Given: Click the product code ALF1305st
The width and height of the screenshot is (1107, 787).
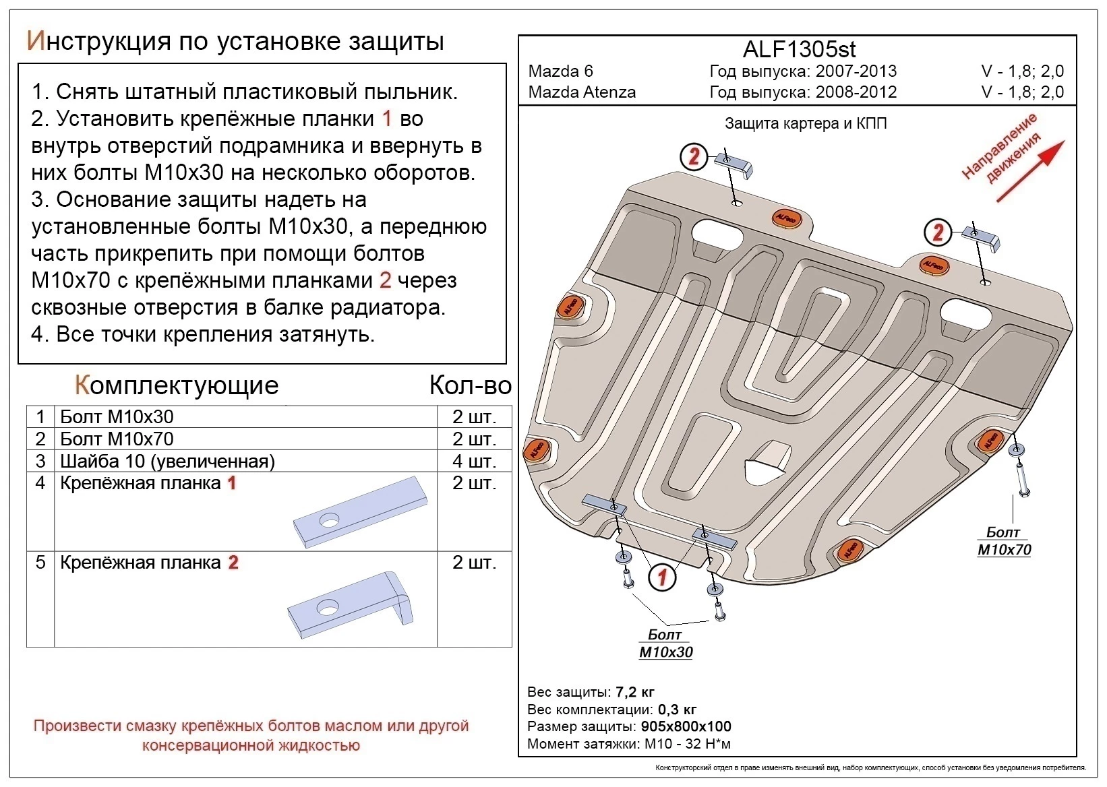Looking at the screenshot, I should coord(799,49).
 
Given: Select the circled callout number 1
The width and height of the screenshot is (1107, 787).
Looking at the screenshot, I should coord(662,577).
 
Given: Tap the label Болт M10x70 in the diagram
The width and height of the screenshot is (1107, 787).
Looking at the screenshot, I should coord(1004,541).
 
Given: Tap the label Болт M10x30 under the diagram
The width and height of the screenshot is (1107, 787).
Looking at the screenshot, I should coord(665,643).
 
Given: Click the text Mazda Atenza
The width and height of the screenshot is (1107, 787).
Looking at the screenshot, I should coord(582,92).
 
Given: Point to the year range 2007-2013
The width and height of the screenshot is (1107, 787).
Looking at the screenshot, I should coord(856,71).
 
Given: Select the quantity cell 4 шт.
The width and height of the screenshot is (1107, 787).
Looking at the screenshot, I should coord(474,462).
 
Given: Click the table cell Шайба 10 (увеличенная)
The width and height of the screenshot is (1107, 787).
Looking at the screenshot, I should coord(167,462).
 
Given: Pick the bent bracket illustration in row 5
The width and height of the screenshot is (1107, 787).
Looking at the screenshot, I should coord(351,604).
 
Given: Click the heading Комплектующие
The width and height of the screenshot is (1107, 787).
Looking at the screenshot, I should coord(177,385).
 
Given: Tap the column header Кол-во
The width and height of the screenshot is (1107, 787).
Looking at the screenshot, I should coord(470,385).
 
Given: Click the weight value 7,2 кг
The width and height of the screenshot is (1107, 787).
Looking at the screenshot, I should coord(634,692).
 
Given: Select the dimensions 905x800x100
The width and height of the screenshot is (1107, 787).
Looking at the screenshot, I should coord(685,726).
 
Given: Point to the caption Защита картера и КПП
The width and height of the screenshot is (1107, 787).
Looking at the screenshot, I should coord(806,123).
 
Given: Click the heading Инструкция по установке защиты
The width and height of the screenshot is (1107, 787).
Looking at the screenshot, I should coord(235,41).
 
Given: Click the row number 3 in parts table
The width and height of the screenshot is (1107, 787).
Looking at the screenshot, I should coord(40,462).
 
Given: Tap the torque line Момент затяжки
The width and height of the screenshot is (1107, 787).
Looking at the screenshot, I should coord(628,744).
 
